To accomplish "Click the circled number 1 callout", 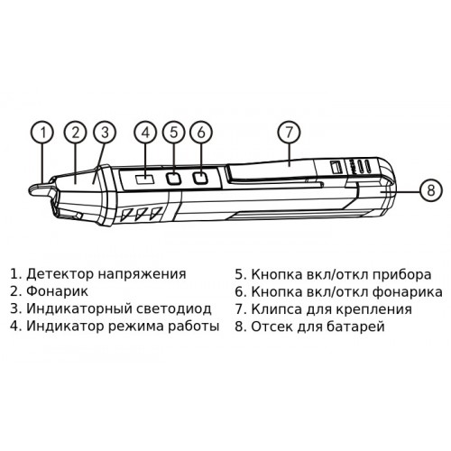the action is click(x=43, y=133).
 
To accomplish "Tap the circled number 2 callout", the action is click(x=75, y=133).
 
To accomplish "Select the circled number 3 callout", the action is click(x=105, y=133).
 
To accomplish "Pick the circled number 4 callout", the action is click(x=145, y=133).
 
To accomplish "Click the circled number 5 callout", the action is click(x=174, y=133).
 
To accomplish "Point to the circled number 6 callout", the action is click(x=201, y=133).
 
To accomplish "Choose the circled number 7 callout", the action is click(x=289, y=133).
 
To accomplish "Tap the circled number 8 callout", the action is click(x=431, y=190).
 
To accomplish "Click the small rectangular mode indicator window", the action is click(x=145, y=180).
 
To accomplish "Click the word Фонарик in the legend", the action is click(x=58, y=291).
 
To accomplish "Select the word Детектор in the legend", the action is click(x=60, y=274).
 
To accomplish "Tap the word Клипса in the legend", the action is click(x=276, y=309).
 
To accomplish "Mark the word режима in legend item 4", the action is click(x=136, y=327).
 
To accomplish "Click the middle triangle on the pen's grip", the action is click(x=142, y=215).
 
